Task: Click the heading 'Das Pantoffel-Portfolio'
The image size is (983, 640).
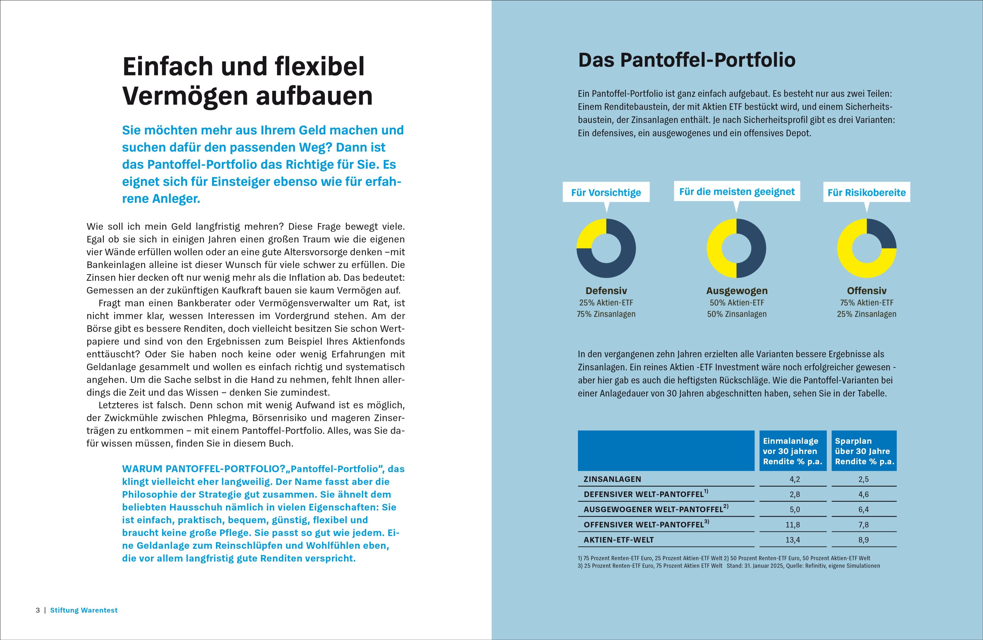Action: (x=686, y=60)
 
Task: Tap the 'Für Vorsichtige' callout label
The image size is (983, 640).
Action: (x=606, y=192)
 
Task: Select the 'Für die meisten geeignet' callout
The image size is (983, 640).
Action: (x=737, y=192)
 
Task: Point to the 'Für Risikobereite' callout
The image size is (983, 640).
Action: (x=866, y=192)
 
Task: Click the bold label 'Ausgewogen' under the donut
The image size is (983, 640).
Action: (x=737, y=290)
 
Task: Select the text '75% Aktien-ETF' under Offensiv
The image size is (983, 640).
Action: (x=866, y=302)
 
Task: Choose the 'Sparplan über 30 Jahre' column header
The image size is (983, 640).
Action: (x=864, y=451)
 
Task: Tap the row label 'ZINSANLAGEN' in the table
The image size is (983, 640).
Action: (x=612, y=479)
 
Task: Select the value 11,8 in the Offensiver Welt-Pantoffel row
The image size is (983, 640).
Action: (x=793, y=525)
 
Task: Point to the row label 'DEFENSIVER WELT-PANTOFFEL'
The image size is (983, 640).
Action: (x=643, y=494)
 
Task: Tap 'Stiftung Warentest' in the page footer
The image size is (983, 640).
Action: (x=84, y=610)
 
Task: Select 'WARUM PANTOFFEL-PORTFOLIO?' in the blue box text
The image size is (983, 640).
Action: (x=204, y=469)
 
